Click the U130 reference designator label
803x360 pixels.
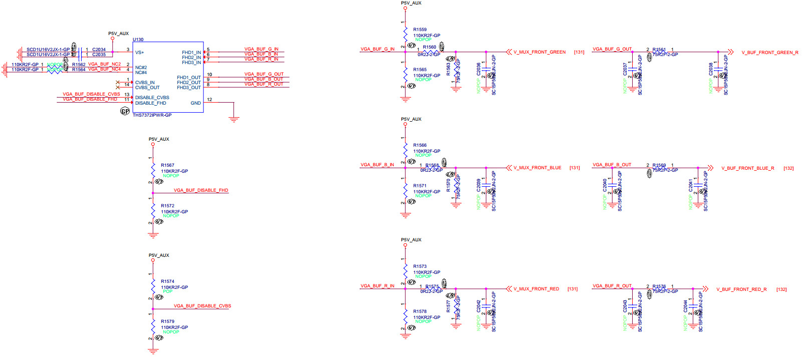coord(138,40)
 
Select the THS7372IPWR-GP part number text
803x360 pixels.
coord(152,115)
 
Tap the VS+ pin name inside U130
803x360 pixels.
coord(139,53)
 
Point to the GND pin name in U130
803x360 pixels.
coord(195,103)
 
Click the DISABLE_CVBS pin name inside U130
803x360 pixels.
coord(152,98)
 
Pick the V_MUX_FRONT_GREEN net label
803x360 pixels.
coord(540,52)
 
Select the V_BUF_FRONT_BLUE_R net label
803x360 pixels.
coord(747,168)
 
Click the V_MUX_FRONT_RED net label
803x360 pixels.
coord(536,289)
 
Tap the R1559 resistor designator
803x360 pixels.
coord(420,30)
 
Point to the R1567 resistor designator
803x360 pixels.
coord(167,165)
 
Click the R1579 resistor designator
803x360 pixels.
coord(167,321)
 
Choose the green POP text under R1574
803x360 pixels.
coord(167,291)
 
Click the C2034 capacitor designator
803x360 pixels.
coord(99,50)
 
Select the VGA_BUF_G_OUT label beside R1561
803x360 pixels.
coord(612,49)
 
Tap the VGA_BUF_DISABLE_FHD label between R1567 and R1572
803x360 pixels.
coord(201,190)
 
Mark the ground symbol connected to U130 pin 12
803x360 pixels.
coord(233,119)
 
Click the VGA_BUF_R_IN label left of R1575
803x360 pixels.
coord(377,286)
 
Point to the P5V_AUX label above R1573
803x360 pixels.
coord(411,240)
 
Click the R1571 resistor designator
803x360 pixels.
coord(420,186)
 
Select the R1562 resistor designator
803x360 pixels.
coord(79,65)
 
